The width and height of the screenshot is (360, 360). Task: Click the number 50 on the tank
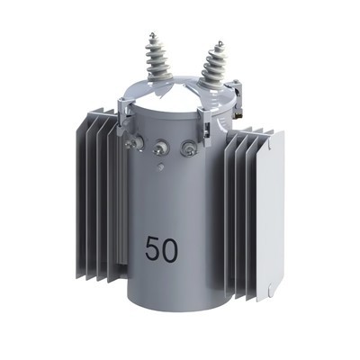(x=161, y=249)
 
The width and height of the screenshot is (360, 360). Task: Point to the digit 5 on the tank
(x=152, y=249)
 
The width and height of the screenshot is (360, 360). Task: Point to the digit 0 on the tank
(x=170, y=249)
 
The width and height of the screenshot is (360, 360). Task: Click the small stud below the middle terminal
(x=160, y=166)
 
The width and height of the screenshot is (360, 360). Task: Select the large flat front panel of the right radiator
(x=269, y=216)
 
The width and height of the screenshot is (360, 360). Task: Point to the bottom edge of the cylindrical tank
(x=171, y=307)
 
